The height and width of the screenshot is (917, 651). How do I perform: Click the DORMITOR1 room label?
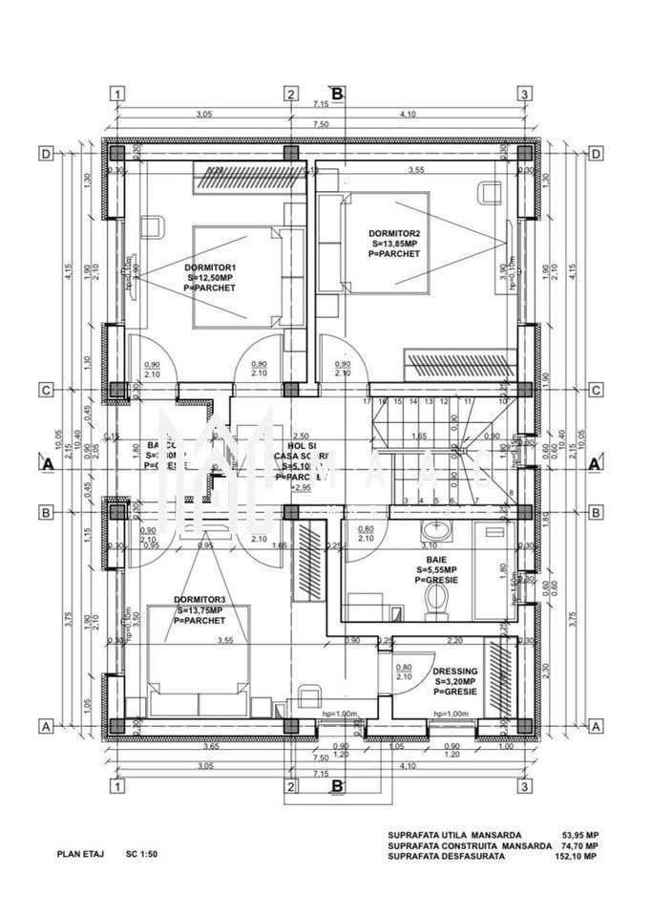210,267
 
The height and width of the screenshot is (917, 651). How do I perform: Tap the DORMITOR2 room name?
395,233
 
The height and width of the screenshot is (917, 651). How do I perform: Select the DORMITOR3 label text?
199,600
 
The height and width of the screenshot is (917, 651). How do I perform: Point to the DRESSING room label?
455,672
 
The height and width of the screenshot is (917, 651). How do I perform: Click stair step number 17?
367,402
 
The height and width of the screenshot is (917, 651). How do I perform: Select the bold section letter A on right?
594,462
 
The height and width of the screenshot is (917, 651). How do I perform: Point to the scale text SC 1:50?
140,855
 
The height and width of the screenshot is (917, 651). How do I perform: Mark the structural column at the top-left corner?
115,153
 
